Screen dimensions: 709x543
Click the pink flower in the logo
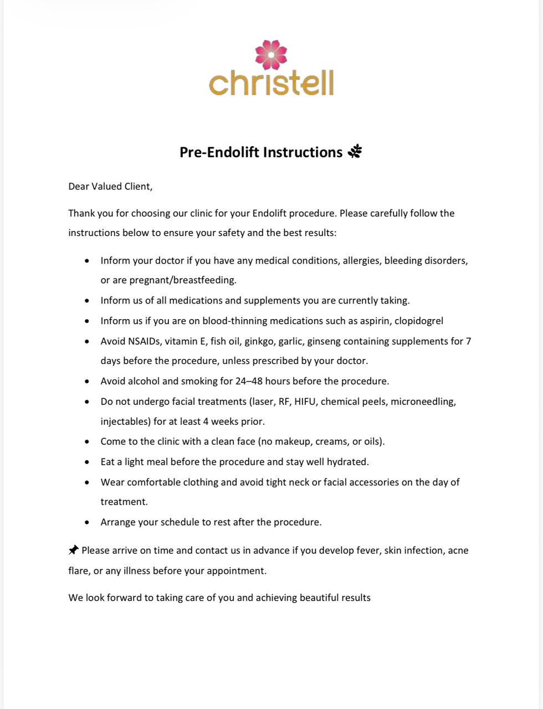coord(271,55)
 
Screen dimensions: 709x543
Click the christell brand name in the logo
coord(271,83)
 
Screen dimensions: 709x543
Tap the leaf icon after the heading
coord(355,151)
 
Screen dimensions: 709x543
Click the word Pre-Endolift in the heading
coord(219,152)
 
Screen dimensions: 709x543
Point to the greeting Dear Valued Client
coord(110,186)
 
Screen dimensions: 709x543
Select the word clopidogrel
coord(419,321)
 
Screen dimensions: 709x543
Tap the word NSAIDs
coord(145,341)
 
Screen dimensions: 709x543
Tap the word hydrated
coord(347,461)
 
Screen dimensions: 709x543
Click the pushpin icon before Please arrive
coord(73,550)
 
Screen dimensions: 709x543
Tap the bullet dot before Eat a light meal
coord(87,462)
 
